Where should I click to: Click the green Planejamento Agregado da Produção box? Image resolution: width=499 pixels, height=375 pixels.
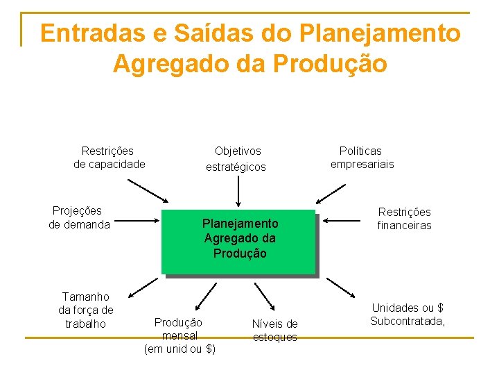(x=238, y=241)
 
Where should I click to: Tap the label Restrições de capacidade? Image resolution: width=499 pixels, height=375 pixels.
(x=109, y=158)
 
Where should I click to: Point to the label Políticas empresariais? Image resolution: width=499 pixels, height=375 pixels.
(x=361, y=158)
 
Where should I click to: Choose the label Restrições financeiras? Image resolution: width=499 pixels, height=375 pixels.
(x=404, y=218)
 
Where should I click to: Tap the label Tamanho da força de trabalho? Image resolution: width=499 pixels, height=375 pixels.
(x=86, y=310)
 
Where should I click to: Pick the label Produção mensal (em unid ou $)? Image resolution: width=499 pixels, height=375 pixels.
(x=179, y=335)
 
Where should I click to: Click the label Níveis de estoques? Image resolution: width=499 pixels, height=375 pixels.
(x=274, y=330)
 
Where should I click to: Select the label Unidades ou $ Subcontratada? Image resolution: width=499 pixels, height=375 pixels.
(x=408, y=315)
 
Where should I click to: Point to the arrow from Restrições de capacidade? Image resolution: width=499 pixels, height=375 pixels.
(x=148, y=189)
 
